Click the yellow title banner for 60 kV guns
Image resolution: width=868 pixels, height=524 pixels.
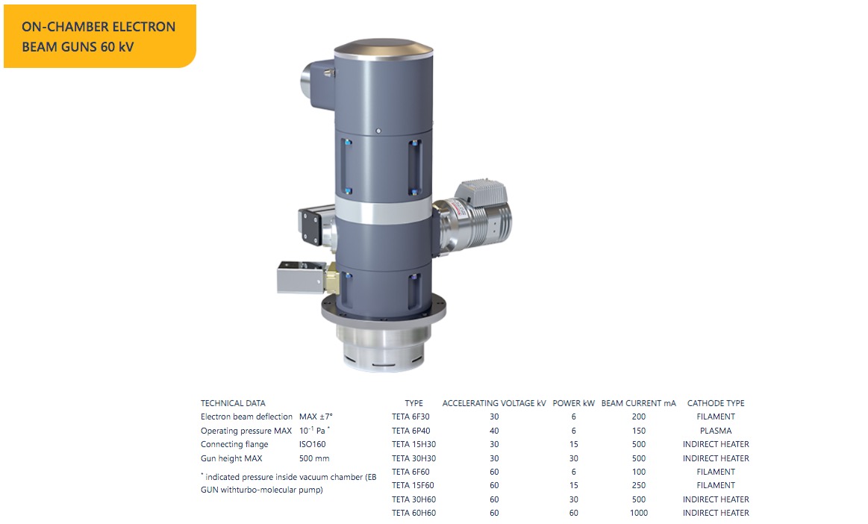pos(100,37)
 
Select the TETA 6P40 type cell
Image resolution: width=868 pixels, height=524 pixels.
pos(410,431)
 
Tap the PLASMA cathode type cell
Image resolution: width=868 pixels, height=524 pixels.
pos(716,431)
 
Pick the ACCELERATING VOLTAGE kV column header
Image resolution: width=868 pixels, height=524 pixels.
pos(494,403)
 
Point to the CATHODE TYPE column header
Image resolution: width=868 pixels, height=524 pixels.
pos(716,403)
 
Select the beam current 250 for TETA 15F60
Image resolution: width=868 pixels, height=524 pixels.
pos(639,486)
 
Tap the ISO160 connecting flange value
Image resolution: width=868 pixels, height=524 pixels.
pos(313,445)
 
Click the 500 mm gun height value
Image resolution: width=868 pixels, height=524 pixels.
pos(314,458)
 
